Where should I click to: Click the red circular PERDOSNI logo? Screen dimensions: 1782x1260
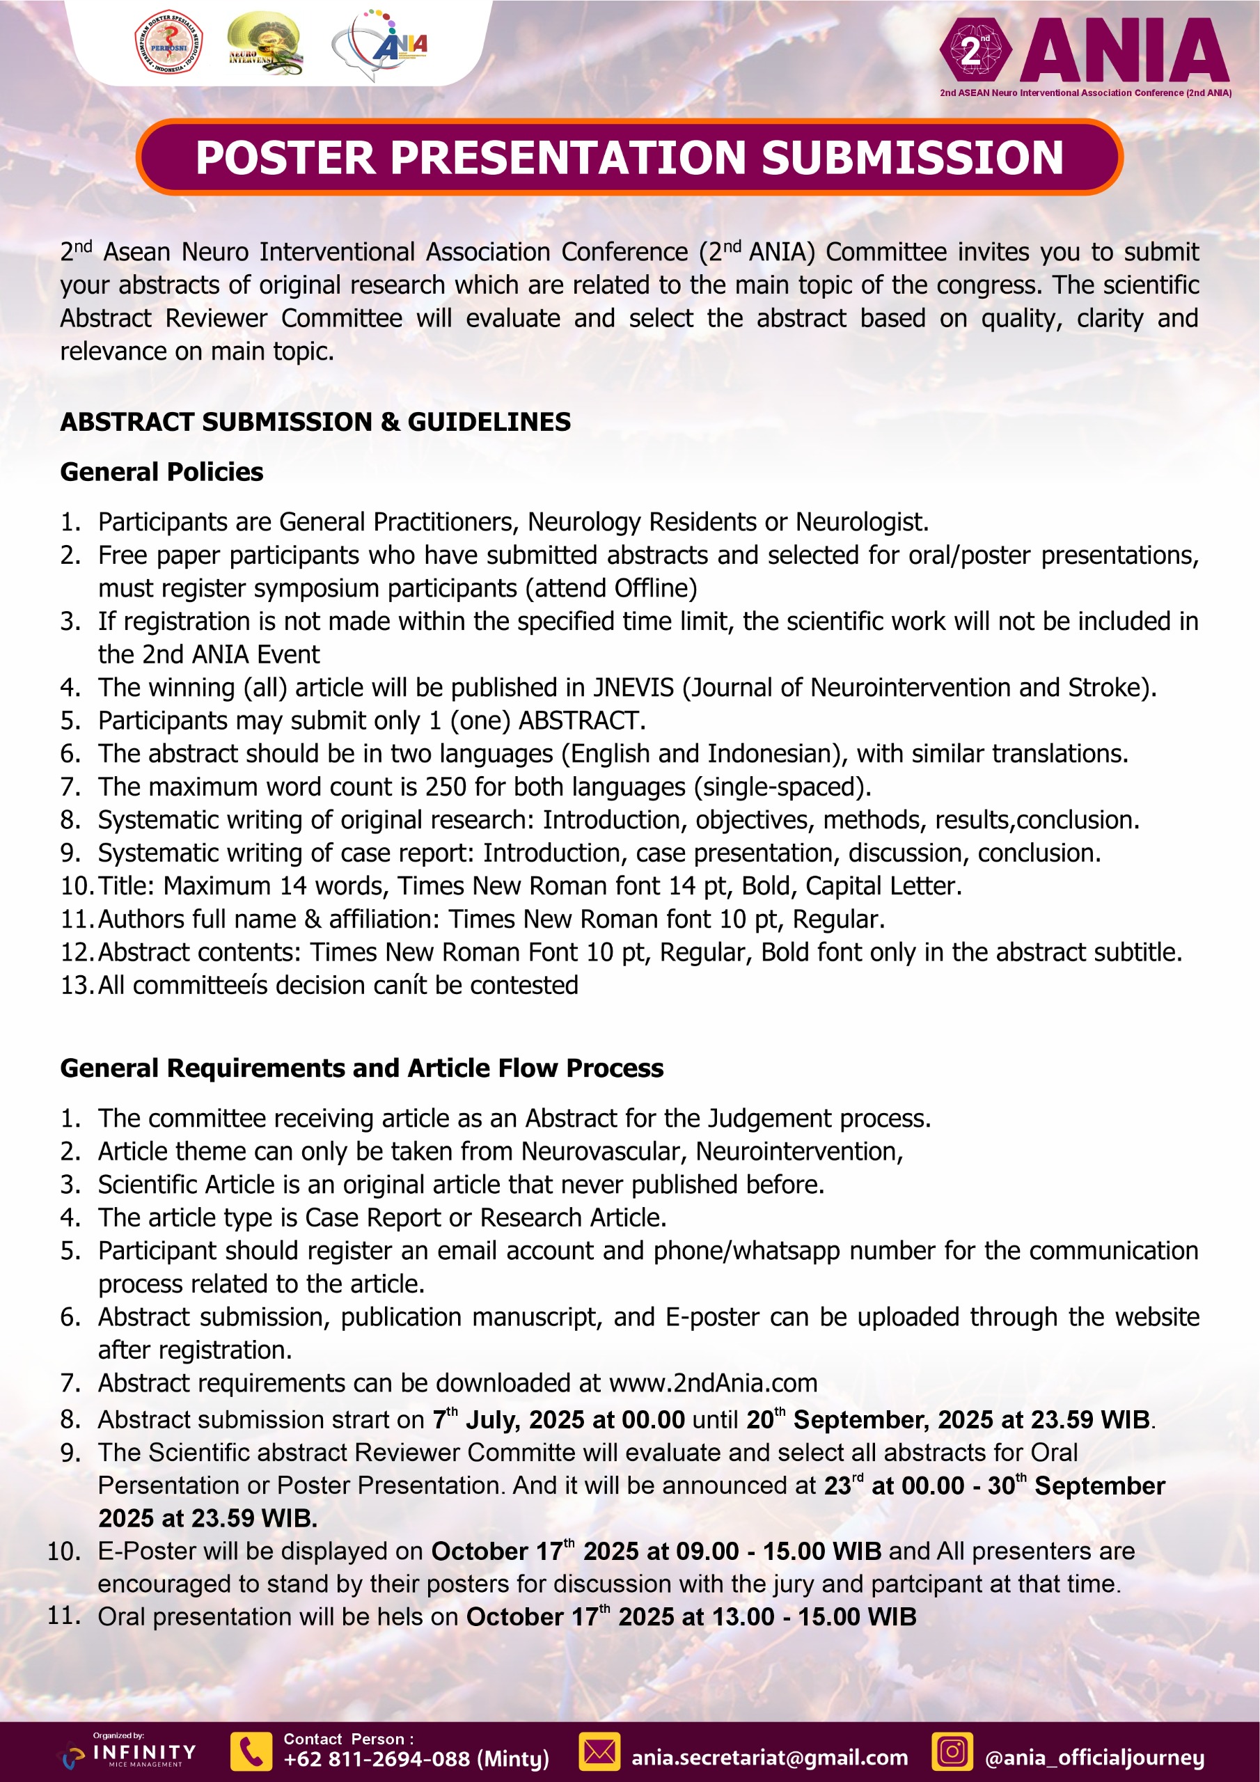click(x=168, y=43)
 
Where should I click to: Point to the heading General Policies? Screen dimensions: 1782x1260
click(x=162, y=472)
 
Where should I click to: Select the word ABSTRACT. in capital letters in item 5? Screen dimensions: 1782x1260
click(x=581, y=721)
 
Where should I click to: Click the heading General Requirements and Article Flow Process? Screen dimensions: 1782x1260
click(x=362, y=1068)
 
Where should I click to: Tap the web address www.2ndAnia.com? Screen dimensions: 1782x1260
click(x=714, y=1383)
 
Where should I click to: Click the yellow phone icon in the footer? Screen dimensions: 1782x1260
click(x=251, y=1752)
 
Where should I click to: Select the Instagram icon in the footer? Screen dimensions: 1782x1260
click(x=952, y=1752)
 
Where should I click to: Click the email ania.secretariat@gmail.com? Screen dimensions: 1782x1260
click(x=769, y=1758)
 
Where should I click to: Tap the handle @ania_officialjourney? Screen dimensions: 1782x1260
click(x=1094, y=1758)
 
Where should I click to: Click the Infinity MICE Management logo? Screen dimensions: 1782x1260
click(x=132, y=1753)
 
